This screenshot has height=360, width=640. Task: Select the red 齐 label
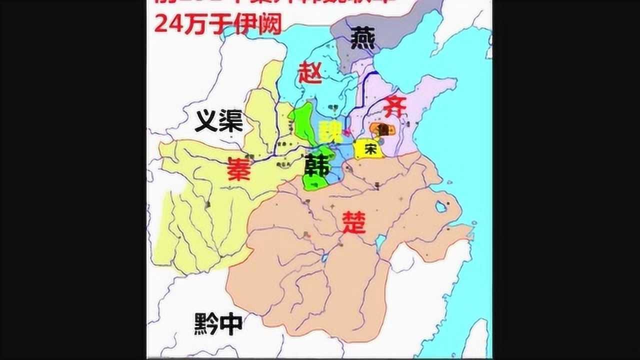[x=395, y=106]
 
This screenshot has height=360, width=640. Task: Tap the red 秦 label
[x=239, y=169]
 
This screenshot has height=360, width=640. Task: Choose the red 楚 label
[x=354, y=222]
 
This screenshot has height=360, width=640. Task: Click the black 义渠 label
[x=218, y=121]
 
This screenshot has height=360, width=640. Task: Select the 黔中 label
[x=218, y=324]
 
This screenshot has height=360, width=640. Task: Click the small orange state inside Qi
[x=382, y=129]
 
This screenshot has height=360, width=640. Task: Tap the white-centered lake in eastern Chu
[x=440, y=206]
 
